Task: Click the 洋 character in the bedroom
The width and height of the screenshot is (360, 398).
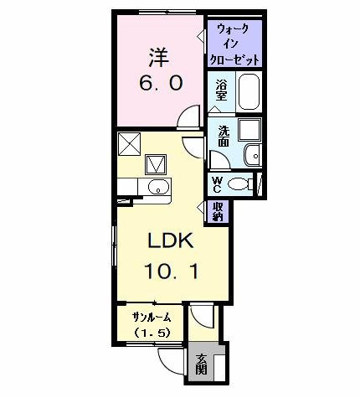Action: click(159, 58)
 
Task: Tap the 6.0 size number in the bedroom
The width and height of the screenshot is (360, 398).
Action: click(161, 83)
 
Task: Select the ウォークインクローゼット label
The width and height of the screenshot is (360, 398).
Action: click(234, 44)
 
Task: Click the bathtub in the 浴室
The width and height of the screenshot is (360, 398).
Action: click(249, 91)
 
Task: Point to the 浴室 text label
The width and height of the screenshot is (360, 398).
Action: click(221, 90)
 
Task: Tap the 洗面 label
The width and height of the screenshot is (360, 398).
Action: click(224, 137)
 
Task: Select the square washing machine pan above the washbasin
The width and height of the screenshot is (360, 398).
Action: click(249, 130)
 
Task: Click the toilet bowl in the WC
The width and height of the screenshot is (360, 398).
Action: click(238, 183)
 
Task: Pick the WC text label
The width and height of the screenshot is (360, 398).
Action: click(217, 184)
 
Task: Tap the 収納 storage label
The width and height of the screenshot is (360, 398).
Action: click(218, 211)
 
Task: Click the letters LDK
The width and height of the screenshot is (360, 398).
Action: click(171, 240)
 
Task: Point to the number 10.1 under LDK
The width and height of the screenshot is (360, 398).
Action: click(171, 271)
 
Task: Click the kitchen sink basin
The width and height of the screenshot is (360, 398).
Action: click(158, 187)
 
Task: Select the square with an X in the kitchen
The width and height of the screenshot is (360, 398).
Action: click(129, 144)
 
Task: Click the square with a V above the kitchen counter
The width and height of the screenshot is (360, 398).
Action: click(156, 164)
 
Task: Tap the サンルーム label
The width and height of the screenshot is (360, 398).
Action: click(152, 317)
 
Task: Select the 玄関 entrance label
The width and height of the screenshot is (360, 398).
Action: click(201, 364)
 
